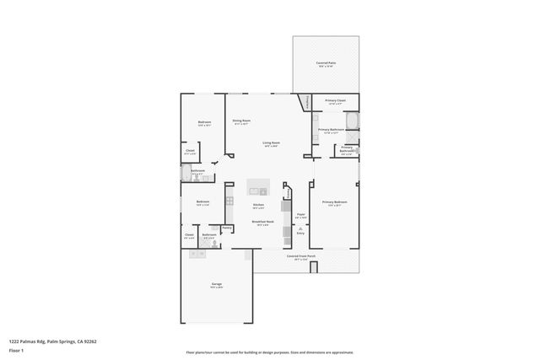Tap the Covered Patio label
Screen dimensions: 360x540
pyautogui.click(x=326, y=63)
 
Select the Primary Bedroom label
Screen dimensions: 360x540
pyautogui.click(x=335, y=202)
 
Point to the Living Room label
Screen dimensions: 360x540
pyautogui.click(x=271, y=143)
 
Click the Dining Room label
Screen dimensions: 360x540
pyautogui.click(x=241, y=121)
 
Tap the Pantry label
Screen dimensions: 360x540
pyautogui.click(x=226, y=228)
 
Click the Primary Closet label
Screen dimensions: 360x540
pyautogui.click(x=335, y=101)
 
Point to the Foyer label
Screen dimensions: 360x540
pyautogui.click(x=300, y=215)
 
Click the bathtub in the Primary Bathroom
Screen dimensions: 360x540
pyautogui.click(x=353, y=119)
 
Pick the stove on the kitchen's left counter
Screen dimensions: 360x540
pyautogui.click(x=229, y=200)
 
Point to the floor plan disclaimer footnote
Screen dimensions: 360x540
pyautogui.click(x=270, y=352)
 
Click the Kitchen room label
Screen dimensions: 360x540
pyautogui.click(x=259, y=205)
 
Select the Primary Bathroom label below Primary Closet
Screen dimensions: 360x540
pyautogui.click(x=328, y=130)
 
